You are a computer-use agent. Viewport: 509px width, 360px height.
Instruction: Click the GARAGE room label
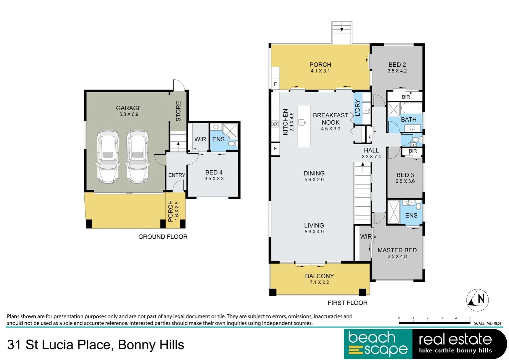coord(129,108)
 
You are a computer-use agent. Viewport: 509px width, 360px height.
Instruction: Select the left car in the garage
coord(107,157)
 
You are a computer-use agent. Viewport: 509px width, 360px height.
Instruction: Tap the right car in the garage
coord(137,157)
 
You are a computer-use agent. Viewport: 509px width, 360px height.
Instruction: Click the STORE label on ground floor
coord(178,111)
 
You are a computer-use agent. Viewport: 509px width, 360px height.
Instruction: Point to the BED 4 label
coord(214,172)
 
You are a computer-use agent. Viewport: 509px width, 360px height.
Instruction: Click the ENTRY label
coord(176,175)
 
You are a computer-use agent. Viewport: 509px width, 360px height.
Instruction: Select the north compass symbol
coord(477,300)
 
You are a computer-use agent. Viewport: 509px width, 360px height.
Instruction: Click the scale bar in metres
coord(434,323)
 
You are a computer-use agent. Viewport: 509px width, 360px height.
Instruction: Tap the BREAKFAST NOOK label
coord(330,119)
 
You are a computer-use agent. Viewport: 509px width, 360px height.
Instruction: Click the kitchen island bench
coord(304,127)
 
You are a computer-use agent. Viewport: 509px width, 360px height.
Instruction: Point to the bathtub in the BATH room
coord(411,108)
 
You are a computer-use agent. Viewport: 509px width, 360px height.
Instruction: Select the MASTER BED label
coord(397,250)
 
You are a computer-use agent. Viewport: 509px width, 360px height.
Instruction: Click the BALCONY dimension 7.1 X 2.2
coord(319,282)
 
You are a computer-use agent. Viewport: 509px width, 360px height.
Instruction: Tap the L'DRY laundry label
coord(358,108)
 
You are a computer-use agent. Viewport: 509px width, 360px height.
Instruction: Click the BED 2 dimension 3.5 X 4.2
coord(397,71)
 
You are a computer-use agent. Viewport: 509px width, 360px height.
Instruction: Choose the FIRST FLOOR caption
coord(347,303)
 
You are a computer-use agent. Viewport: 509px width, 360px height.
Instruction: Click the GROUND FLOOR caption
coord(163,237)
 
